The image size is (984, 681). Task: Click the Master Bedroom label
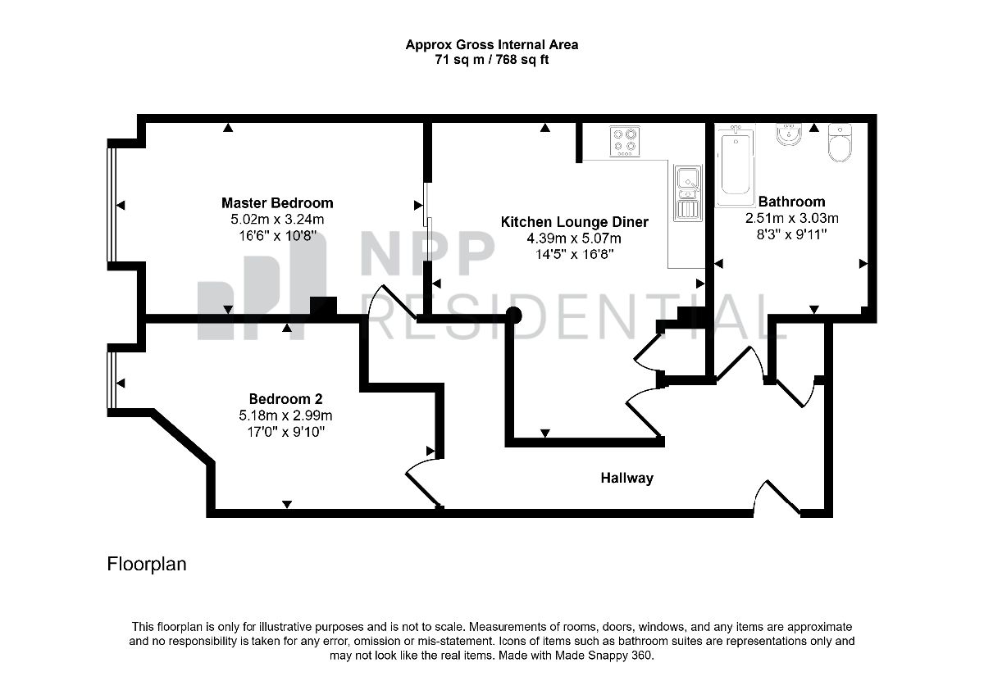277,203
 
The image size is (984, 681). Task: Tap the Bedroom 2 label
285,398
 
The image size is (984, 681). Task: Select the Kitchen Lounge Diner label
574,222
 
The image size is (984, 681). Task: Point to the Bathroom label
791,202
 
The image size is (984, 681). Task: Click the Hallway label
626,478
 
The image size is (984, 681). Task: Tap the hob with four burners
625,141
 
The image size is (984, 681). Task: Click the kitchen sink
688,193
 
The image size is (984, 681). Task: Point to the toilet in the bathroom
840,143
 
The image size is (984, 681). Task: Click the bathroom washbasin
789,134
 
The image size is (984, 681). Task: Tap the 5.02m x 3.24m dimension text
277,219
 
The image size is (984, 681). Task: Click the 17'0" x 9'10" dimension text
285,432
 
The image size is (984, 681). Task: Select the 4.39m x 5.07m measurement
574,238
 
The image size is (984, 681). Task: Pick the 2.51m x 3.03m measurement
791,218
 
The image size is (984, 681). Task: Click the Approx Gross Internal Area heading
491,45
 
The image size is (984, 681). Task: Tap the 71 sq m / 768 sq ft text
491,59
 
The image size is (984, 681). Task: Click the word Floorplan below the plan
147,565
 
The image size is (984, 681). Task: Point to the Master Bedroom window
112,205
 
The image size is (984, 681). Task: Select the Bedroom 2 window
112,379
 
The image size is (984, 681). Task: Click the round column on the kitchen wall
513,316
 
